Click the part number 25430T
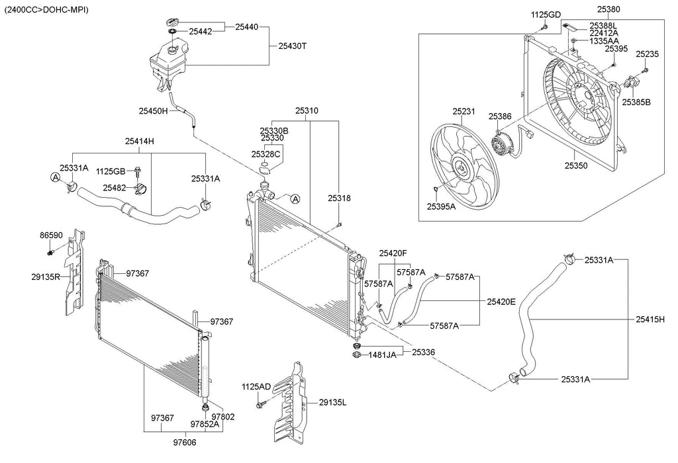click(x=292, y=46)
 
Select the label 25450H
click(x=153, y=111)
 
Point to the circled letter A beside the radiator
click(x=295, y=198)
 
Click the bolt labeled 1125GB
click(x=138, y=172)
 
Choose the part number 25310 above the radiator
click(x=307, y=110)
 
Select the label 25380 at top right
click(x=608, y=9)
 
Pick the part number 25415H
click(x=650, y=319)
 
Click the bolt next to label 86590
click(x=50, y=251)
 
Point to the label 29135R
click(x=46, y=277)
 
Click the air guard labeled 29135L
click(x=290, y=403)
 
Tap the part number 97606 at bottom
click(x=185, y=442)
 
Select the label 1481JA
click(x=382, y=355)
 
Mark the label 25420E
click(x=501, y=302)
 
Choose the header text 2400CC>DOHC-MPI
click(x=46, y=9)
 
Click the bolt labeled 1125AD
click(x=261, y=405)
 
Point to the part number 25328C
click(x=266, y=154)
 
